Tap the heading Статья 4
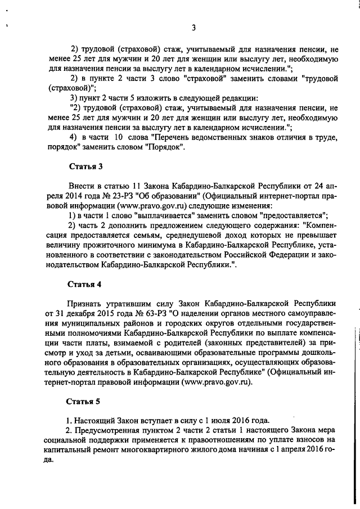(84, 284)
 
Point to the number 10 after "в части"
(118, 138)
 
